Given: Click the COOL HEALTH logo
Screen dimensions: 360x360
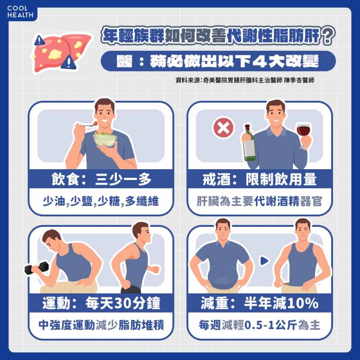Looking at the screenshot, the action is coord(20,12).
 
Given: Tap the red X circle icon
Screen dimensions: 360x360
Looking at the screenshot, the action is coord(223,128).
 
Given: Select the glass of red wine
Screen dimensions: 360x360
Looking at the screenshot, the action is coord(303,135).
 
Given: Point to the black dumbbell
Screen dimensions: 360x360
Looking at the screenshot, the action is coord(37,268).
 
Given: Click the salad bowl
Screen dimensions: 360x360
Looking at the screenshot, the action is coord(105,139).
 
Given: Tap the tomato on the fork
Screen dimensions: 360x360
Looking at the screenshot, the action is coord(95,123).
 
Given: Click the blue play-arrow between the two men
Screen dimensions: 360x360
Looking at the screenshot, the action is coord(264,261).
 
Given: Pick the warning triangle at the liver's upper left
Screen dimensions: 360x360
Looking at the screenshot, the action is coord(40,40).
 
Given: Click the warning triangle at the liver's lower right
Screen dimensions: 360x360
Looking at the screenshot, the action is coord(69,62).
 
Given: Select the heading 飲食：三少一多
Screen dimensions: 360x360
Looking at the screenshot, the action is coord(101,179).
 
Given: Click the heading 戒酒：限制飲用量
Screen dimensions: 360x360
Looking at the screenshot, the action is coord(260,179).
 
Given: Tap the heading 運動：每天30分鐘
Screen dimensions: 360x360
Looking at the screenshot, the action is coord(101,303).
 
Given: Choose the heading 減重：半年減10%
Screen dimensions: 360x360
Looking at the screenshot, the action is coord(260,303).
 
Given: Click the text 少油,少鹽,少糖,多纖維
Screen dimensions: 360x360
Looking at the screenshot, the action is coord(101,201).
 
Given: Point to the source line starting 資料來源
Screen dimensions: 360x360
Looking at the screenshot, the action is coord(245,80).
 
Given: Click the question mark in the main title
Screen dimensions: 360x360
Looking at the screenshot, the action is coord(328,36).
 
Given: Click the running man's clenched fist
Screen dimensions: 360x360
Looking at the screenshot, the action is coord(156,269).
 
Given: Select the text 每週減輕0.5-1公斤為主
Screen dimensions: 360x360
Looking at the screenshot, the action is coord(260,325).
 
